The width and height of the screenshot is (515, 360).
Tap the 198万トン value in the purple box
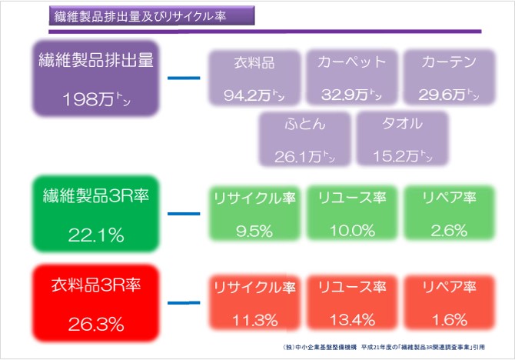tap(97, 99)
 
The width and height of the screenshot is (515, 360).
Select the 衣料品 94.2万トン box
tap(254, 78)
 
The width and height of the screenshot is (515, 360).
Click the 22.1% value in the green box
tap(97, 235)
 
